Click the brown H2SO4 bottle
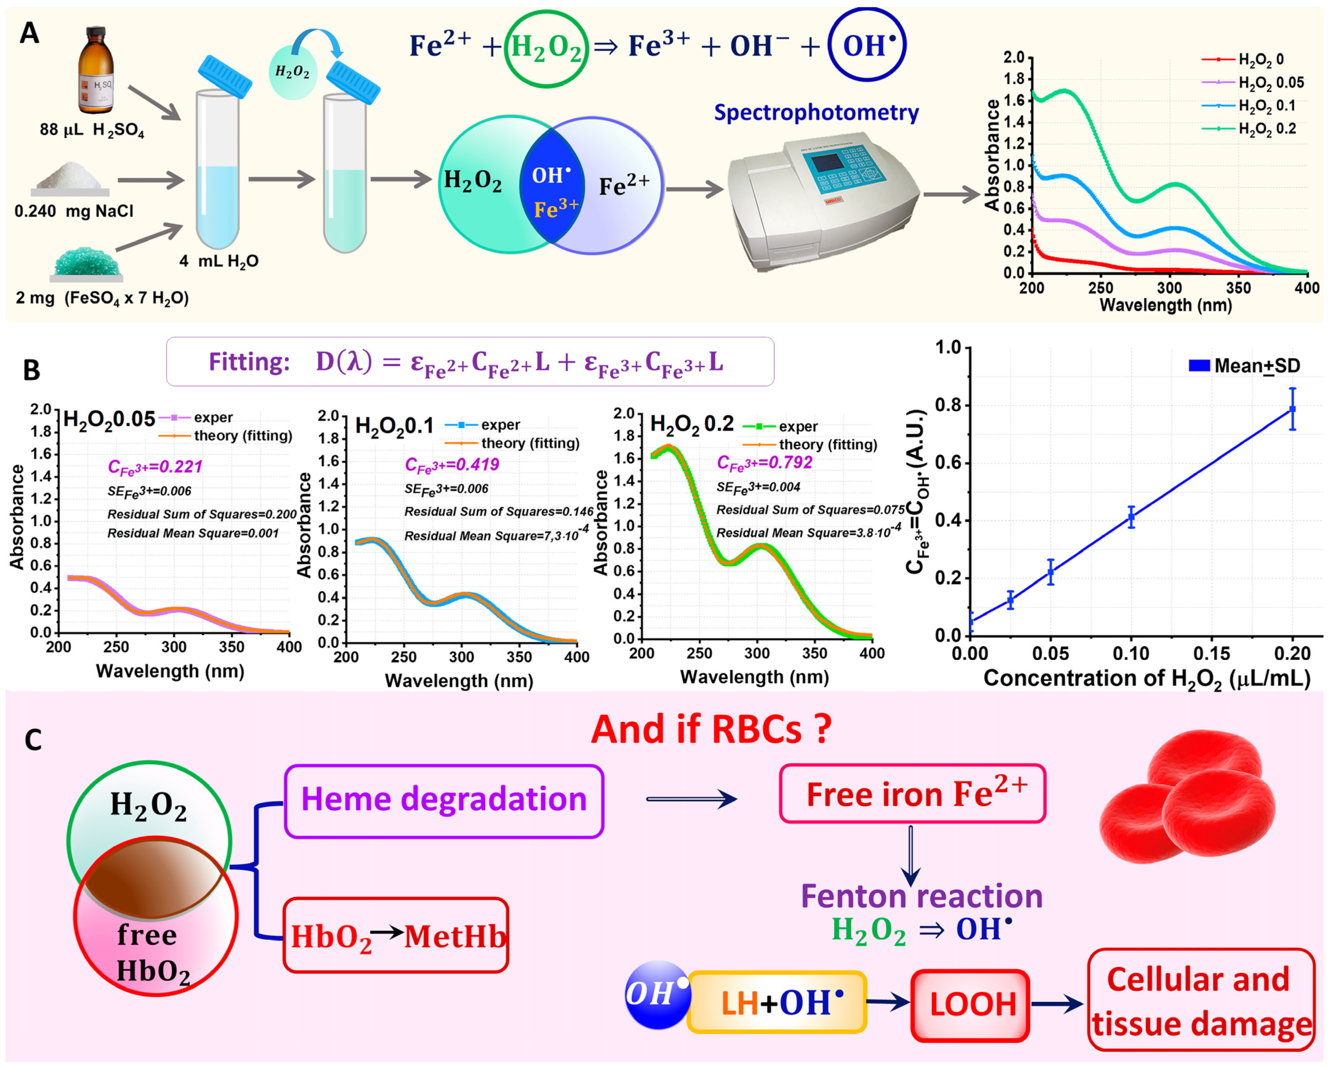click(96, 71)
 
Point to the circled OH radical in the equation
click(867, 45)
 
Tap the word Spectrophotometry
click(816, 113)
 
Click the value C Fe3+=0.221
click(155, 467)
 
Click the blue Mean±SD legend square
click(1199, 365)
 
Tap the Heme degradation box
click(444, 800)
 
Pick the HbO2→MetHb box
click(396, 936)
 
